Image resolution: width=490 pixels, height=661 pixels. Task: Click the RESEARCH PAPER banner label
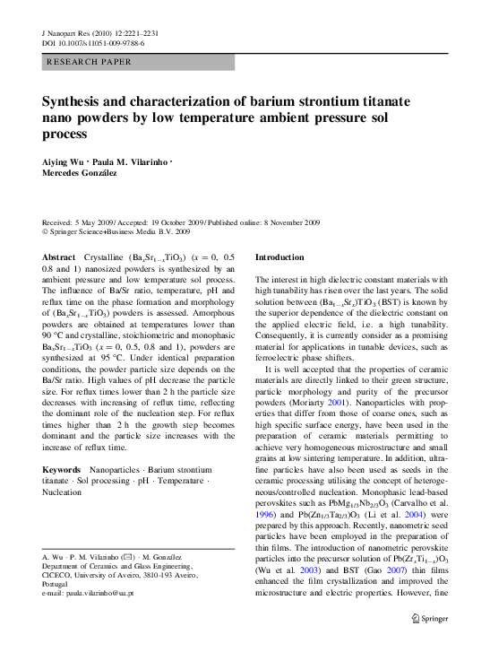(89, 62)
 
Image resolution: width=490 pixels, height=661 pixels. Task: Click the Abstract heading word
(59, 257)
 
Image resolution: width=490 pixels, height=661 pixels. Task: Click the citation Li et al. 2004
(407, 518)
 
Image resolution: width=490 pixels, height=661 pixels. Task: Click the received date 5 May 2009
(90, 221)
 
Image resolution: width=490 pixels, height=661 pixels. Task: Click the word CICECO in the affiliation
(61, 576)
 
